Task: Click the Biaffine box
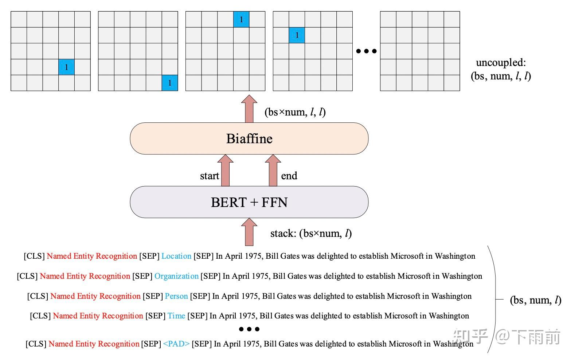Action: pos(249,138)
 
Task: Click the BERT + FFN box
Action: pos(249,202)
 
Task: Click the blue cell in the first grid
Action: pos(66,67)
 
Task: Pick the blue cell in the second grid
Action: pos(170,83)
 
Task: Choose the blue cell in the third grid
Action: pos(241,19)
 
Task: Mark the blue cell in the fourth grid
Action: pos(297,35)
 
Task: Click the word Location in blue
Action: pos(176,256)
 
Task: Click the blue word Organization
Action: pos(176,276)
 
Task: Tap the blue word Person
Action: pos(176,296)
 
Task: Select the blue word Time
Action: pos(176,316)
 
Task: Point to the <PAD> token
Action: pos(176,344)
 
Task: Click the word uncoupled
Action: pos(501,63)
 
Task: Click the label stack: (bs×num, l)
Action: pos(311,234)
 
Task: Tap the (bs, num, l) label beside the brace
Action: pos(535,300)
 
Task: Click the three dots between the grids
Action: pos(366,51)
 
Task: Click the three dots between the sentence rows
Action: pos(249,329)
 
